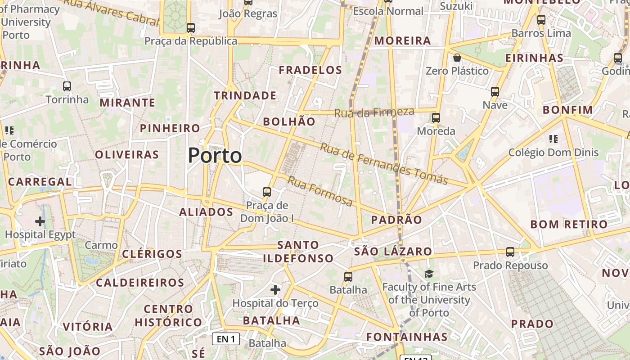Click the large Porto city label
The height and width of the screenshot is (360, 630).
[215, 156]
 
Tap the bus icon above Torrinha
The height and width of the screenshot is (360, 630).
[67, 86]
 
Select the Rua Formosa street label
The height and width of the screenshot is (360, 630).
[320, 191]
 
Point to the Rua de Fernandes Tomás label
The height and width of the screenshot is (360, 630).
[384, 164]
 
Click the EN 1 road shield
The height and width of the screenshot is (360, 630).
[226, 339]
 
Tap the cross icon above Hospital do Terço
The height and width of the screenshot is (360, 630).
[275, 289]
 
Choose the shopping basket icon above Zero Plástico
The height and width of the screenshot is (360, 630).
[457, 58]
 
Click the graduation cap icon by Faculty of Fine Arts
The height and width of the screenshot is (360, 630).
[429, 273]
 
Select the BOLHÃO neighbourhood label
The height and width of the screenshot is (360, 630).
[289, 121]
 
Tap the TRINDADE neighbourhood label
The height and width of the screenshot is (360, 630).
[245, 95]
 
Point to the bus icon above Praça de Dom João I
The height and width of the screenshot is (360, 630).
[267, 192]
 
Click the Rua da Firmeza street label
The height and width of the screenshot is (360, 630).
[374, 112]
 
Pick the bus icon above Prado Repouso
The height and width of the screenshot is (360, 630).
[510, 252]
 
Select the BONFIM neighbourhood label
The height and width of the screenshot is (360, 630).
[568, 110]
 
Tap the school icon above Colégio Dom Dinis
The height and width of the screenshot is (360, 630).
[553, 139]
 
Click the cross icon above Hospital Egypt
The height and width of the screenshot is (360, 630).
[40, 221]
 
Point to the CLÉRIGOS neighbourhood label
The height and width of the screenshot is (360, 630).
[152, 254]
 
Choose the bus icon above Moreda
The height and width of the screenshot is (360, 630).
[436, 118]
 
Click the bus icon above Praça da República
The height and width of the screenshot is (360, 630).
[191, 27]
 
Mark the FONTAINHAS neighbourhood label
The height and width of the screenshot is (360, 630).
[407, 337]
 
